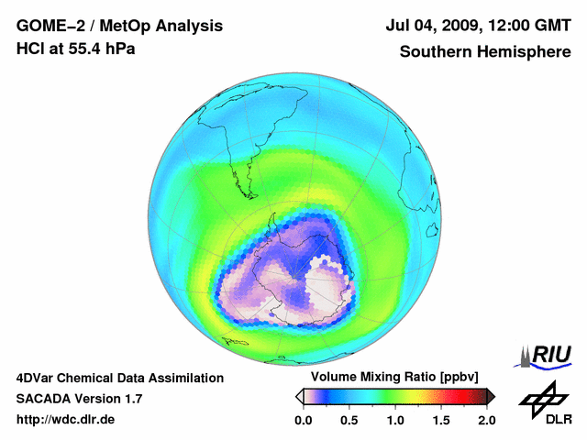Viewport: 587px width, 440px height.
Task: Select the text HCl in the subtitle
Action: click(30, 48)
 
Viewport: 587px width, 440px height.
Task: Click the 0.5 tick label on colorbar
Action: click(349, 420)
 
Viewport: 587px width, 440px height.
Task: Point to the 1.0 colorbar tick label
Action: click(394, 420)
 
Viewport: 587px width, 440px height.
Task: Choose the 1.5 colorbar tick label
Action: click(440, 420)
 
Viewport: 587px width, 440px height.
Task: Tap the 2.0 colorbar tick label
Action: click(486, 420)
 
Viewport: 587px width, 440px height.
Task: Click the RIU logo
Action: click(545, 355)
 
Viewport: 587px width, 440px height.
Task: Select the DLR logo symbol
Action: click(541, 397)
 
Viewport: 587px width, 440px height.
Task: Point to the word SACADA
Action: click(47, 399)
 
